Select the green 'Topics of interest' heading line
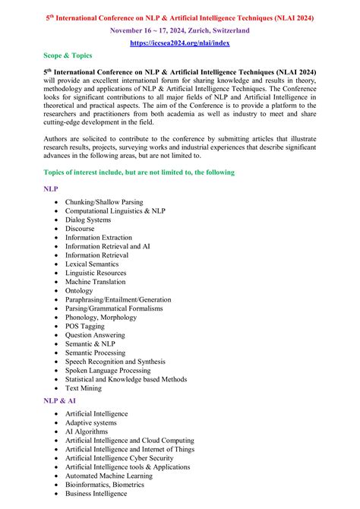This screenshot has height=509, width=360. pyautogui.click(x=139, y=172)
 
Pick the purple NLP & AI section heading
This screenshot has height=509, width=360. pyautogui.click(x=60, y=400)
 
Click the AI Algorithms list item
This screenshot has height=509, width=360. pyautogui.click(x=87, y=432)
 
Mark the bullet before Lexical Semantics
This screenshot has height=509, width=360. pyautogui.click(x=56, y=264)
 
